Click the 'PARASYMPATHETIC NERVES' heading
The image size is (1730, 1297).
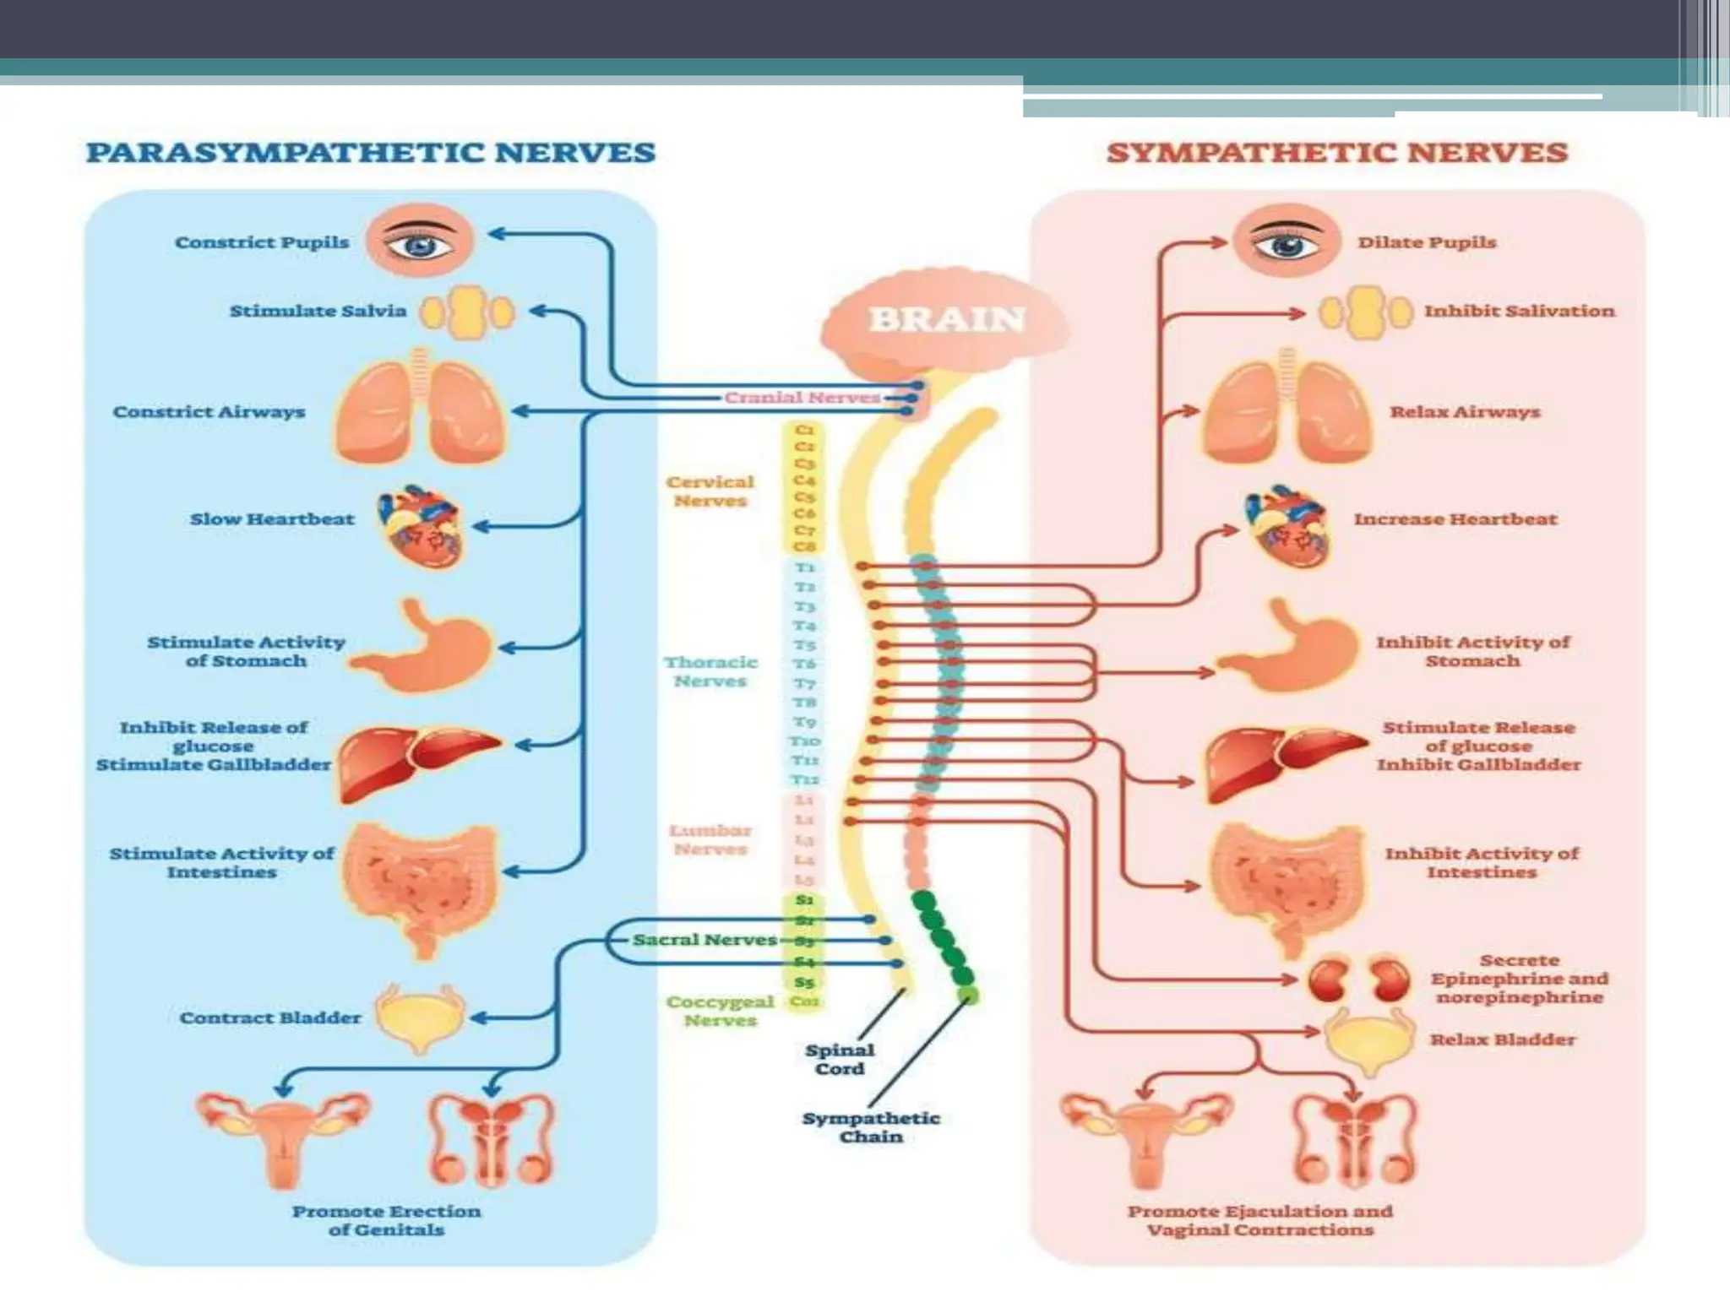[371, 153]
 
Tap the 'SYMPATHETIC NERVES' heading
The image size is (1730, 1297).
[1337, 153]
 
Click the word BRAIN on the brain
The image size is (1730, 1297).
[947, 320]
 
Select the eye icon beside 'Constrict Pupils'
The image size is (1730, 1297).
[421, 241]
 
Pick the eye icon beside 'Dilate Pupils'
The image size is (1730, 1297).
[1286, 241]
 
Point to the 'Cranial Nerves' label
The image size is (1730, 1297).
[802, 398]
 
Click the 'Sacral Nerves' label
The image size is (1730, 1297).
[705, 940]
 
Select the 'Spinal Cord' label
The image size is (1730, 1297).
[840, 1060]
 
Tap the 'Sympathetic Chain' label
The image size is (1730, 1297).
[871, 1127]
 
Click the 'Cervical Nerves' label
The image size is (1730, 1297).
[710, 491]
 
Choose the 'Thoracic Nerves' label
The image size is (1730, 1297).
[710, 672]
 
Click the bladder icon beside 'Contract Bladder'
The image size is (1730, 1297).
[420, 1018]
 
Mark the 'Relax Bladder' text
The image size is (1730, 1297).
[1503, 1039]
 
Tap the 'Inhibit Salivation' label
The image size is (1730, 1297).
[1519, 311]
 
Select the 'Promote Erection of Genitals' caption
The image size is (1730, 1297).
[387, 1220]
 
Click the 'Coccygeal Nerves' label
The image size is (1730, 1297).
[720, 1011]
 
